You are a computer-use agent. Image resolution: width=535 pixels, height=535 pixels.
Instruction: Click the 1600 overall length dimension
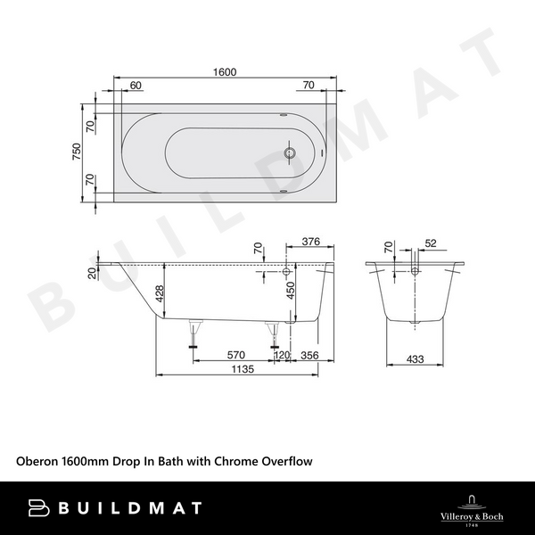coord(225,73)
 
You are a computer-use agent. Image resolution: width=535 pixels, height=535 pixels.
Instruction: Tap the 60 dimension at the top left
coord(136,86)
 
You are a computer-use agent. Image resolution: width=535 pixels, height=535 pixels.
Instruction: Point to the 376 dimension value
coord(311,242)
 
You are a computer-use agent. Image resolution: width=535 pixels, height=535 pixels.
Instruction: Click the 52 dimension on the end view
coord(432,243)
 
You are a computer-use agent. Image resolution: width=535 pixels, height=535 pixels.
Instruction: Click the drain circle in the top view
coord(288,152)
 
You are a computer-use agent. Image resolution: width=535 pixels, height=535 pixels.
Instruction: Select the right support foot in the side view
coord(274,333)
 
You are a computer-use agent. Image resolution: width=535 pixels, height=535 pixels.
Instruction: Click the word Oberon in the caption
coord(37,461)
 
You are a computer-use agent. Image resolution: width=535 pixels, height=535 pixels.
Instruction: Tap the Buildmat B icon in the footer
coord(38,507)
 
